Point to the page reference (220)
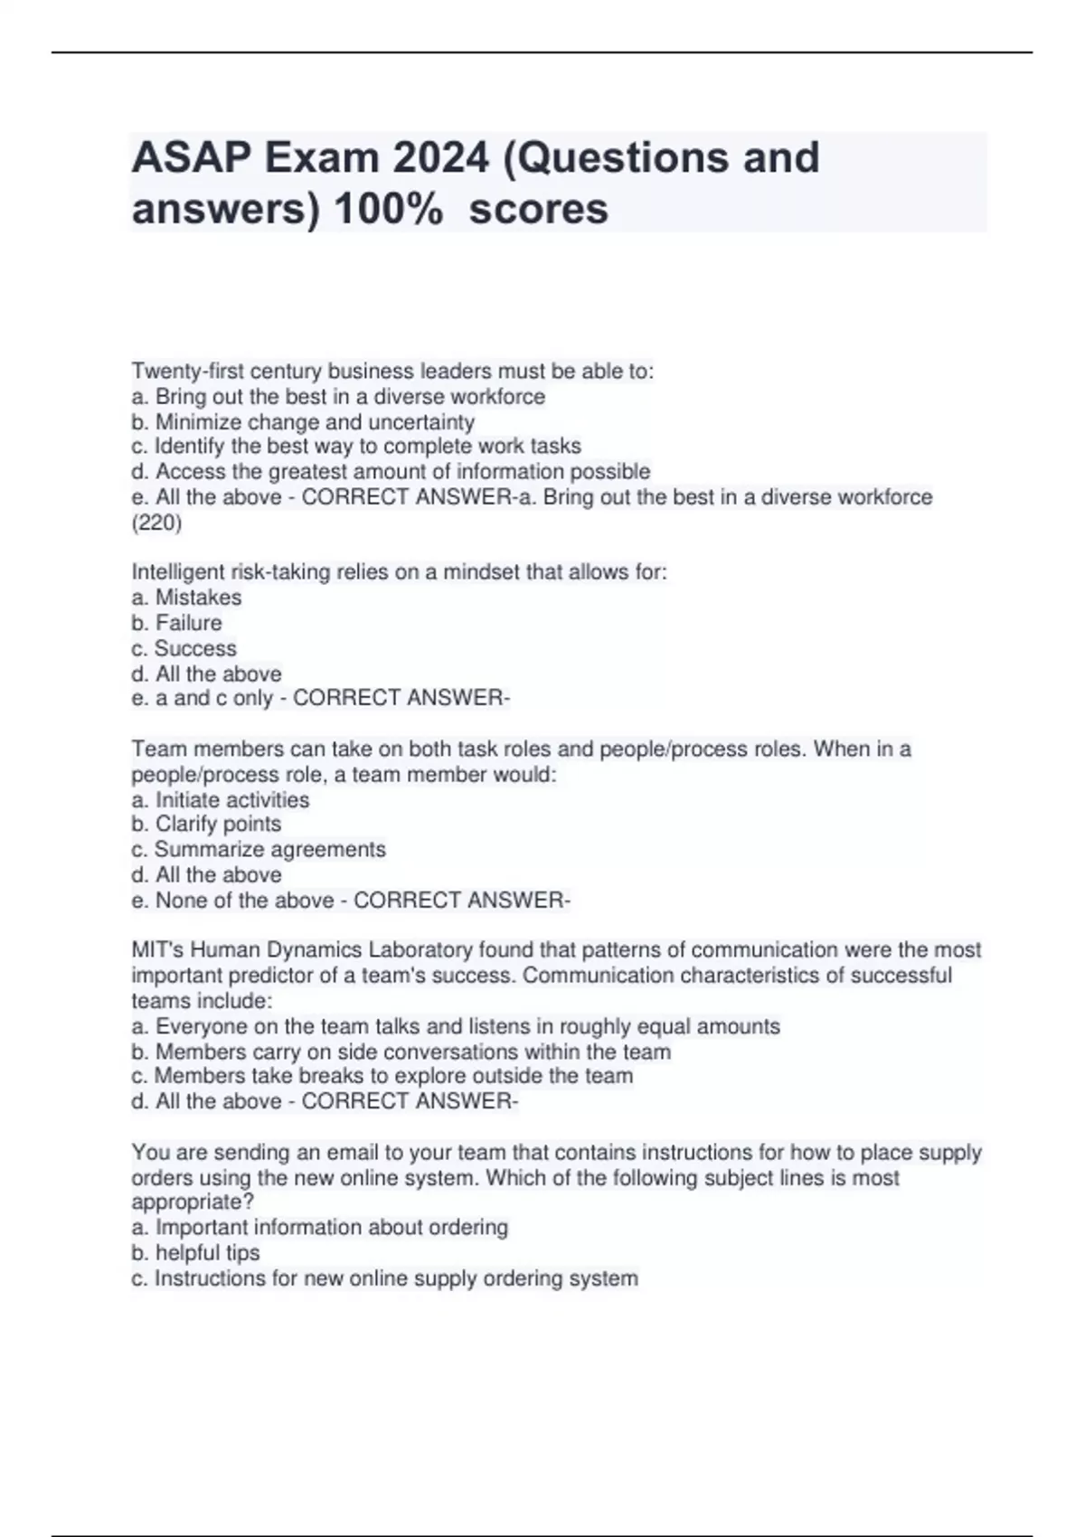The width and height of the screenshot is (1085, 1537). point(156,523)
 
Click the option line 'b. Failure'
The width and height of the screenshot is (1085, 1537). point(176,623)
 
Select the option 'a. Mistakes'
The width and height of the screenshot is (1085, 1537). point(186,598)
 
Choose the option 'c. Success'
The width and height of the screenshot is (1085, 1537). point(184,648)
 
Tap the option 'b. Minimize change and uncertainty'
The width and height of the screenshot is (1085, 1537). point(303,422)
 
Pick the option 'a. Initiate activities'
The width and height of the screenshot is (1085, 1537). point(221,800)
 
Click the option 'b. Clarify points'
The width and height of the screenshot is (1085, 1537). point(206,825)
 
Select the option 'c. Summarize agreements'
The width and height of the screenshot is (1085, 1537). point(259,850)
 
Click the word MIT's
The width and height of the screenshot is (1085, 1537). point(157,950)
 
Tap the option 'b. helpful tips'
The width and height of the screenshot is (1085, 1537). point(195,1253)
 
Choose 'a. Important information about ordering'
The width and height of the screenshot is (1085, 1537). point(320,1228)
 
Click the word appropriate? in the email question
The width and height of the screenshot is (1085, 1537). point(193,1202)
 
